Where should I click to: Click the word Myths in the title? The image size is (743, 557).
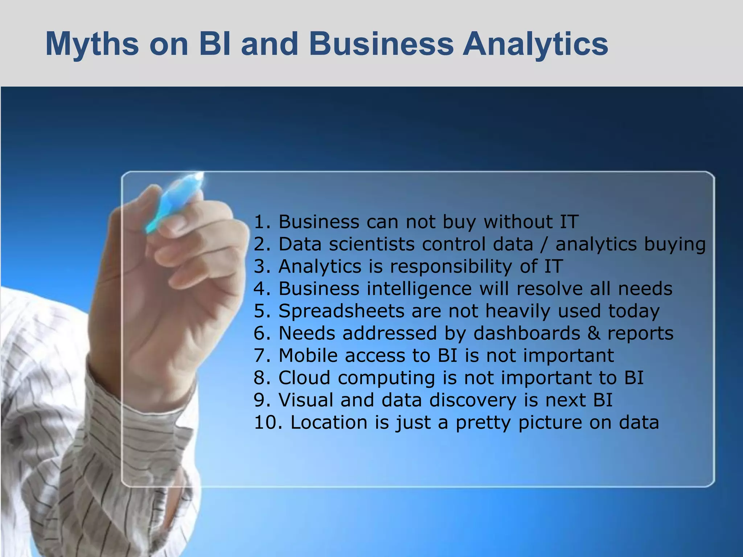(x=92, y=44)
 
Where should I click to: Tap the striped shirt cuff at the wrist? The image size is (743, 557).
(x=152, y=413)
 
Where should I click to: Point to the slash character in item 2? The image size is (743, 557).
(x=544, y=244)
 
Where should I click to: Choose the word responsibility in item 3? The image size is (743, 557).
(x=451, y=267)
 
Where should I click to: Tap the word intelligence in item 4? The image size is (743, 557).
(x=419, y=289)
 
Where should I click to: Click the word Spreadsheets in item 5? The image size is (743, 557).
(x=341, y=311)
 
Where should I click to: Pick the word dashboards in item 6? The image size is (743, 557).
(x=527, y=333)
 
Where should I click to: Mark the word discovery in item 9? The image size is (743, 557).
(x=472, y=400)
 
